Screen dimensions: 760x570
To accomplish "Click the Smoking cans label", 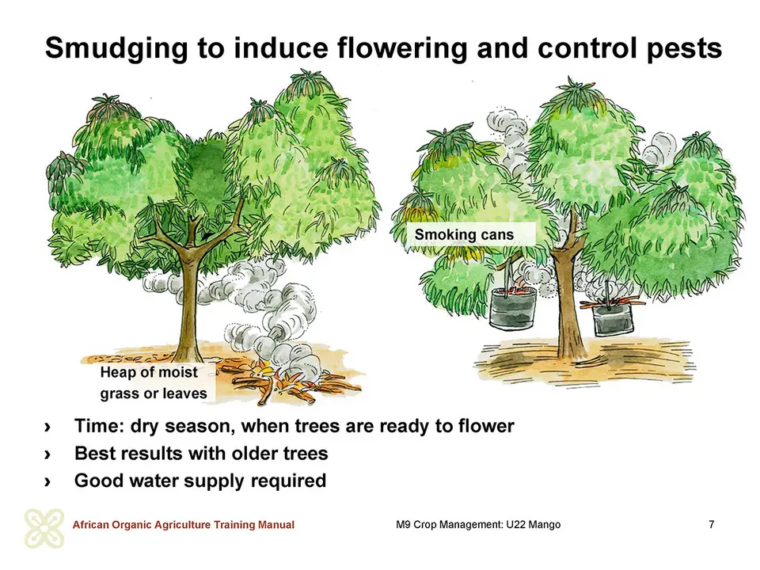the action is click(464, 234).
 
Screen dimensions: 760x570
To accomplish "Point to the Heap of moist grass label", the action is click(154, 382).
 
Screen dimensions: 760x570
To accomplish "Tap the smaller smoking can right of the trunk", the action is click(613, 317).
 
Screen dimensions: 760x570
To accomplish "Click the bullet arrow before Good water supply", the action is click(47, 482).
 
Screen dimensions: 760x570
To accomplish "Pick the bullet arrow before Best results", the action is click(47, 454).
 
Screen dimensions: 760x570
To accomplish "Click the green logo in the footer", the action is click(44, 528).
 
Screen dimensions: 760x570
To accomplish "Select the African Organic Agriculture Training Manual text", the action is click(183, 525).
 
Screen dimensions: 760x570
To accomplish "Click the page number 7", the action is click(711, 524).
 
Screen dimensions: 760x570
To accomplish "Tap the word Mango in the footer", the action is click(545, 525).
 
